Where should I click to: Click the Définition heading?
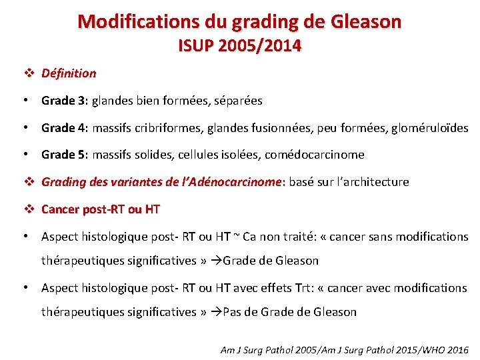pos(69,73)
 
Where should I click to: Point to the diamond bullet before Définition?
pos(28,73)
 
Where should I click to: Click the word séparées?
pos(238,101)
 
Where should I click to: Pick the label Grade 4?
pos(64,127)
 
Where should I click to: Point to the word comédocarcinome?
pos(315,155)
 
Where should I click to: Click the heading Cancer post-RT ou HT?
pos(101,209)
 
